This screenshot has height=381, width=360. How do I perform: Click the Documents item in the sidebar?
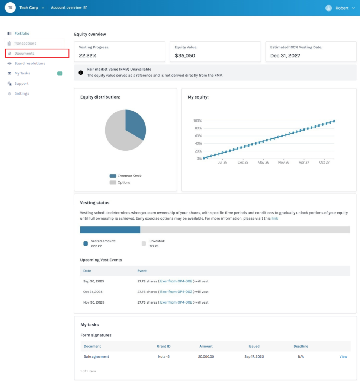click(24, 54)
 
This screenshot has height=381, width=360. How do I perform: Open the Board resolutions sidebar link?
click(29, 63)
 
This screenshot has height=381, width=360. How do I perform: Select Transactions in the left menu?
click(25, 44)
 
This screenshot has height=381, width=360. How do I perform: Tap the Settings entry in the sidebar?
click(22, 93)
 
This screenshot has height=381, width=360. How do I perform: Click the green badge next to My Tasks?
click(60, 73)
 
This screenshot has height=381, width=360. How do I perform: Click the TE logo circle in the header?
click(10, 7)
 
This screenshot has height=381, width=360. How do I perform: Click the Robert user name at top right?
click(342, 8)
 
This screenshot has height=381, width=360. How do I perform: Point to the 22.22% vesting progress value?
click(88, 56)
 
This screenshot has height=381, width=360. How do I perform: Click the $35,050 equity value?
click(185, 56)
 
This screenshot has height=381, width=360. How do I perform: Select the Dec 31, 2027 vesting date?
click(285, 56)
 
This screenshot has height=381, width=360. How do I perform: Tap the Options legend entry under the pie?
click(123, 182)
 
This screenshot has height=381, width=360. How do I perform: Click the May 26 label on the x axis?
click(263, 163)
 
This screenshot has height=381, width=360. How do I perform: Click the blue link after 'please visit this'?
click(274, 218)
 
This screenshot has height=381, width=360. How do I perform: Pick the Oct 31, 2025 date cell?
click(93, 292)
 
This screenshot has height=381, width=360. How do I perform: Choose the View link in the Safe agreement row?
click(343, 356)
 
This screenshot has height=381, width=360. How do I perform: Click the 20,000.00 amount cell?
click(206, 356)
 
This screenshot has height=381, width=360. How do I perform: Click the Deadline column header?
click(300, 346)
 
